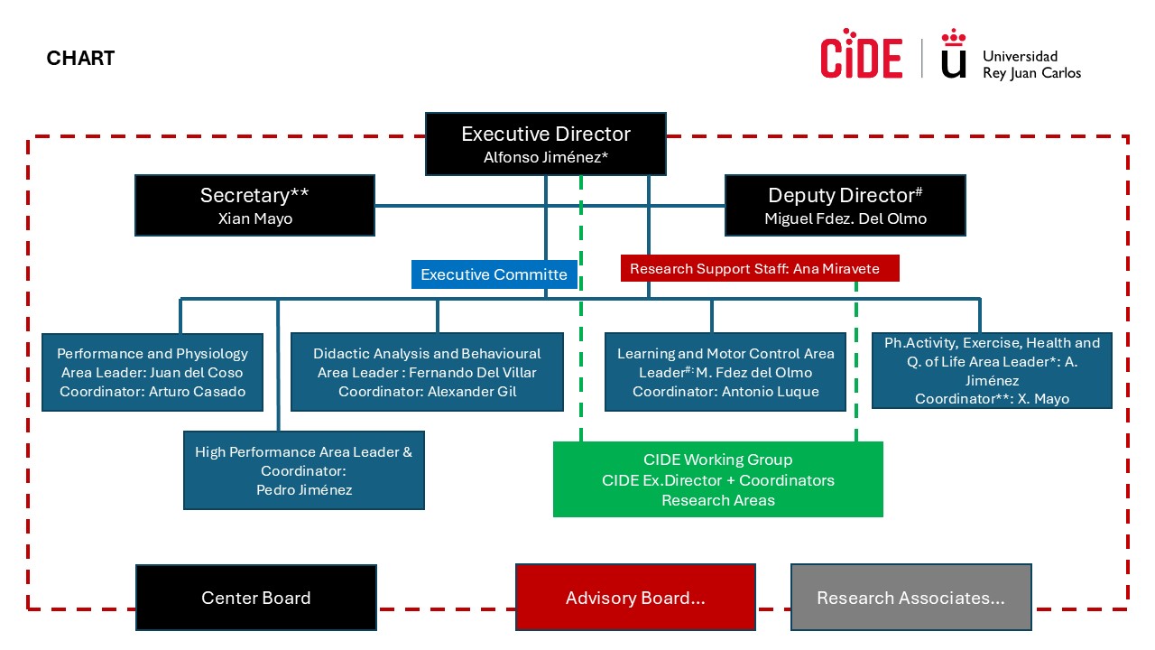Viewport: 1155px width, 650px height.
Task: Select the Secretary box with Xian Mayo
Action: [254, 206]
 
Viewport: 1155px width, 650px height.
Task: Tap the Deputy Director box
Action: [845, 206]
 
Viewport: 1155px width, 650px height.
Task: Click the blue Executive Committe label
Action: [494, 274]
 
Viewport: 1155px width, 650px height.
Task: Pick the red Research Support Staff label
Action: [762, 268]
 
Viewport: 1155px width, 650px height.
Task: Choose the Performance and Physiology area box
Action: [152, 372]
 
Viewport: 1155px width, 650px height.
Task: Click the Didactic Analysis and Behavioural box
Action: [427, 372]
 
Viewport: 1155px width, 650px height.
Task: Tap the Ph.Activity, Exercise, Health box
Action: [992, 370]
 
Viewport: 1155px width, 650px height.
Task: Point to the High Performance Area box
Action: [303, 470]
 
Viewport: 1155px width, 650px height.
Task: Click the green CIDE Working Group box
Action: [717, 479]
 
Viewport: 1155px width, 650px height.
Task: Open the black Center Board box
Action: [255, 598]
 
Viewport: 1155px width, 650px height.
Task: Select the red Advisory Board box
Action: [634, 598]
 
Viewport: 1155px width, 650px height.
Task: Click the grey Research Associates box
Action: [910, 598]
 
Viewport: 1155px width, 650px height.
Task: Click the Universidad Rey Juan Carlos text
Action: [1030, 64]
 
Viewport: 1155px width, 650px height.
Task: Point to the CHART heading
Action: [80, 59]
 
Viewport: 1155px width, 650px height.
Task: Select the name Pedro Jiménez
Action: [304, 490]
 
